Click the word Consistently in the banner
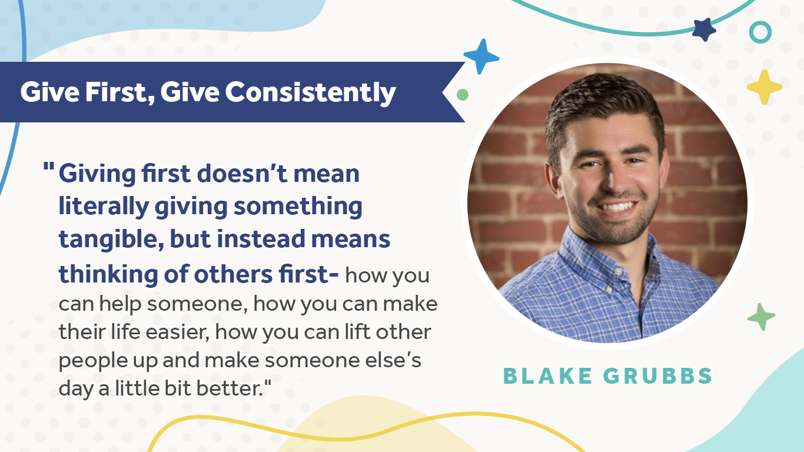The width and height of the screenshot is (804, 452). click(310, 93)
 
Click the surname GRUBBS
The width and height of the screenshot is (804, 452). click(658, 376)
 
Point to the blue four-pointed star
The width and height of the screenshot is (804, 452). click(481, 56)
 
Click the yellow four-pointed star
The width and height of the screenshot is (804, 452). click(765, 87)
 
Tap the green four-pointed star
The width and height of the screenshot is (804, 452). click(761, 317)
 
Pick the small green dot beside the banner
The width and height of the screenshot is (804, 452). click(462, 95)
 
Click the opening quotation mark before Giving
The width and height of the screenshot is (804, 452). click(49, 167)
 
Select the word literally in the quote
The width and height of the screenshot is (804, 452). click(104, 207)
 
